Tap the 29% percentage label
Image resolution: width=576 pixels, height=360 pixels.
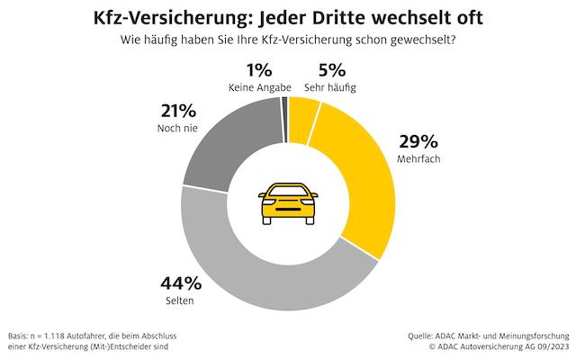coord(417,142)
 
